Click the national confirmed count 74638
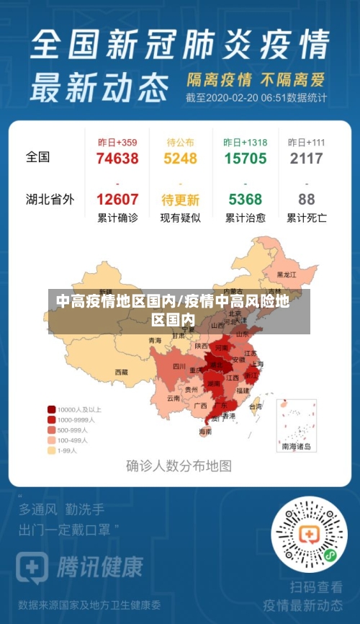tap(117, 159)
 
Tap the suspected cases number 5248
tap(180, 159)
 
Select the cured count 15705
tap(245, 159)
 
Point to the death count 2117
tap(307, 159)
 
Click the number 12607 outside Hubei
tap(117, 200)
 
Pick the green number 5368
tap(245, 200)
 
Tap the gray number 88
tap(307, 200)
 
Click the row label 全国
tap(38, 156)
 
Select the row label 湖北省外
tap(50, 200)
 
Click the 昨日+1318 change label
tap(245, 142)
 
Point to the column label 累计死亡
tap(307, 218)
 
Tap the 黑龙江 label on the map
tap(287, 275)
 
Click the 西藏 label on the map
tap(121, 373)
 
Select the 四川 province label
tap(179, 366)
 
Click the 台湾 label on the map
tap(255, 406)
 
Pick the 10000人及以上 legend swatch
tap(52, 409)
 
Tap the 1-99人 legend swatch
tap(52, 450)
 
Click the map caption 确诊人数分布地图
tap(179, 465)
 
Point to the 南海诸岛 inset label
tap(297, 447)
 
